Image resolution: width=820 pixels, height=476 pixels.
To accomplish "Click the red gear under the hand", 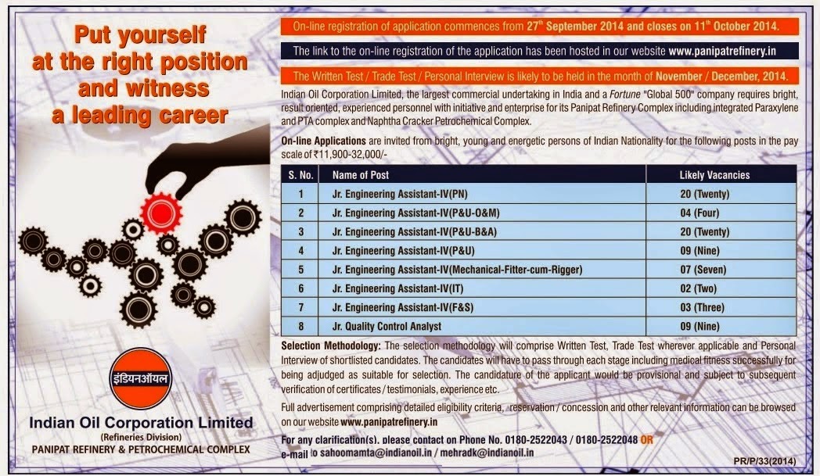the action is [162, 213].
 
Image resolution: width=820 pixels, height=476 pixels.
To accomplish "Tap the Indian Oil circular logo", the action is [141, 378].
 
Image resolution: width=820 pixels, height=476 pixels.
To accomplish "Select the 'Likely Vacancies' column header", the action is [714, 175].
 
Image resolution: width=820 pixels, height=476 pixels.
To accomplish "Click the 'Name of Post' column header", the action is [361, 175].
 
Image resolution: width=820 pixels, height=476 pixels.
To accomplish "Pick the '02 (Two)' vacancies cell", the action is [698, 288].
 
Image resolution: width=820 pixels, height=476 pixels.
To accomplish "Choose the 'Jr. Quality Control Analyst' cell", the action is [387, 327].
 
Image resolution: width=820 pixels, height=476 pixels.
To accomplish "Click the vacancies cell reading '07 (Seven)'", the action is [703, 270].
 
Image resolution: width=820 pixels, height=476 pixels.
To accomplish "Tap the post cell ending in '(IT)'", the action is [397, 288].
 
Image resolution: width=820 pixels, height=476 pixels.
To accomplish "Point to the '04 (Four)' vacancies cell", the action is [700, 213].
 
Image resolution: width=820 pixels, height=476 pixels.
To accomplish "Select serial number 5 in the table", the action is [300, 270].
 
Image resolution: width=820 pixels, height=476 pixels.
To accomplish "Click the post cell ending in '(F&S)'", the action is [403, 307].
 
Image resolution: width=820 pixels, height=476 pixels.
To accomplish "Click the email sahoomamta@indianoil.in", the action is [376, 453].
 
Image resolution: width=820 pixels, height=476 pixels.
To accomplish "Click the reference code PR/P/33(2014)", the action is [764, 461].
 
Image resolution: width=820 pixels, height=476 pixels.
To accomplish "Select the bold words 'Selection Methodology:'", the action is [330, 346].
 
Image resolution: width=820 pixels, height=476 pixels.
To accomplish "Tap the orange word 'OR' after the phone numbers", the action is [646, 440].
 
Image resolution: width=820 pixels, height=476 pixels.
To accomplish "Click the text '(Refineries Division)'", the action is [141, 437].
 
